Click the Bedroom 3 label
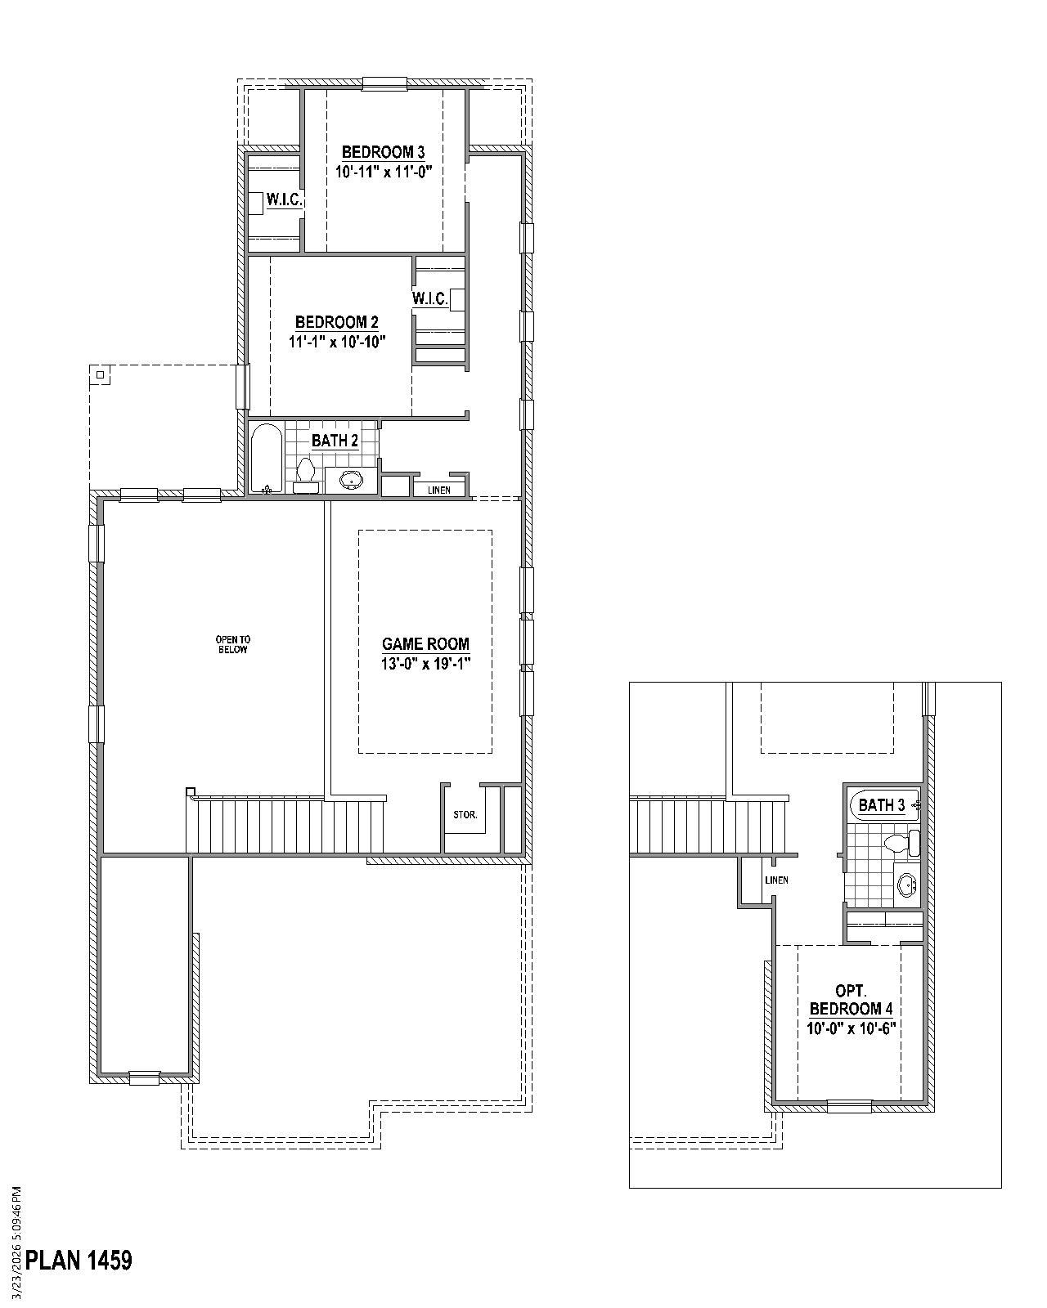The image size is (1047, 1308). coord(383,152)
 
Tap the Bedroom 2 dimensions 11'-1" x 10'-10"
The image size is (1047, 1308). coord(337,343)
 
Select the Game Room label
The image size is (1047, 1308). coord(425,644)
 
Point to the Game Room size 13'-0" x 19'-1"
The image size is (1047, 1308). coord(425,663)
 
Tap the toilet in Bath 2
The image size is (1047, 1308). coord(306,474)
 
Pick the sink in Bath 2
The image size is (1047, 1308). coord(352,480)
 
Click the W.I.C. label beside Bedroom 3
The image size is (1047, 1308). coord(284,200)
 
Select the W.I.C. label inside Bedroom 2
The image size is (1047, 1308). coord(429,299)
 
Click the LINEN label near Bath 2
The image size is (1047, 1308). coord(439,490)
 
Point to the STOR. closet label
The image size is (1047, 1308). coord(465,815)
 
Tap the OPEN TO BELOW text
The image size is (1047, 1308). coord(232,644)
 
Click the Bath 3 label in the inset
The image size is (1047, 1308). coord(881,805)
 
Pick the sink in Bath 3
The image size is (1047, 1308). coord(906,885)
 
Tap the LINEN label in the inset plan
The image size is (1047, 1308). coord(776,880)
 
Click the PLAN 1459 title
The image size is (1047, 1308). coord(79,1260)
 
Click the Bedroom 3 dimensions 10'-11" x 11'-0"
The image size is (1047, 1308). coord(383,172)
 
